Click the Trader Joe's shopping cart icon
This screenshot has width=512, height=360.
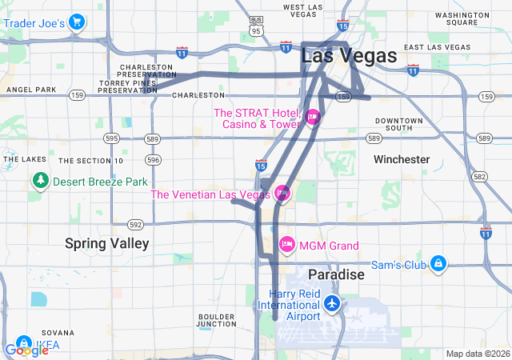(x=77, y=22)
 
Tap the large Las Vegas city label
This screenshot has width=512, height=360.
(x=349, y=56)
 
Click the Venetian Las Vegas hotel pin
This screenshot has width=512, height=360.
(x=282, y=194)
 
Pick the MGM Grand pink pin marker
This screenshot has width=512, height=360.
(x=286, y=244)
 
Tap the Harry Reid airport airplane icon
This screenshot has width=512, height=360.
(x=332, y=304)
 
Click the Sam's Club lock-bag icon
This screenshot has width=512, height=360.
(x=438, y=264)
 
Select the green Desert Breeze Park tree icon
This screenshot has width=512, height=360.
(x=40, y=181)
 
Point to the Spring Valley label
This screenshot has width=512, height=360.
(x=106, y=243)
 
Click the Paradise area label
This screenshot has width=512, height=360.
(x=336, y=274)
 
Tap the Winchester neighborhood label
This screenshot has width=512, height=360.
(x=401, y=159)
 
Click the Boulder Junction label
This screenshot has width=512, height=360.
(x=216, y=320)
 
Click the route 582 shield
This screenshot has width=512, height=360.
(x=479, y=176)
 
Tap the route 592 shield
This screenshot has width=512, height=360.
(x=136, y=224)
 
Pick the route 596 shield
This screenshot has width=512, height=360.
(x=154, y=160)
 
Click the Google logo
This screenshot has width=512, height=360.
(x=26, y=350)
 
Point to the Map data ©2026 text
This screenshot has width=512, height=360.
(x=477, y=354)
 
